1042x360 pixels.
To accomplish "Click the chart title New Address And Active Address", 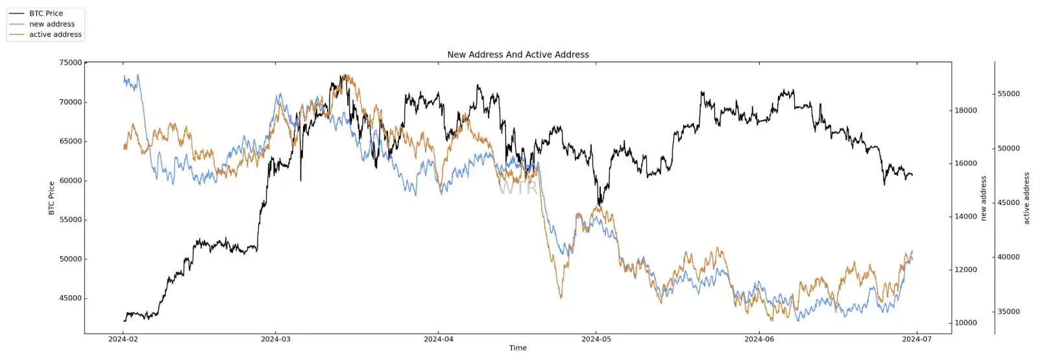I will tap(518, 54).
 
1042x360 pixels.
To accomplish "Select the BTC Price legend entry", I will tap(45, 13).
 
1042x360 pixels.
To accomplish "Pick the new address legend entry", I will tap(51, 24).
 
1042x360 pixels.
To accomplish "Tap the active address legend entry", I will tap(55, 34).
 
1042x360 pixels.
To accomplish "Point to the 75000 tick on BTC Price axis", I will tap(71, 63).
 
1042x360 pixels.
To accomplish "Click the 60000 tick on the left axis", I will tap(71, 181).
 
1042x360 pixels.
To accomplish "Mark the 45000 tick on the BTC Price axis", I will tap(71, 298).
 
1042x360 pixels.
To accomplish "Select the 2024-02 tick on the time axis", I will tap(123, 339).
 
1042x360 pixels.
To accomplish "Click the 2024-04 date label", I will tap(439, 339).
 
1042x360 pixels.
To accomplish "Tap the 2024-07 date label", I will tap(917, 339).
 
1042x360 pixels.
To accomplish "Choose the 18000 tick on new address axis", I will tap(965, 111).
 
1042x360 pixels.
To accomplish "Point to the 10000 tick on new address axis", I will tap(965, 323).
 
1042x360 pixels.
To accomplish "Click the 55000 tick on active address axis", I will tap(1008, 94).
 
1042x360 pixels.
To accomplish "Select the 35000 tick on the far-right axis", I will tap(1008, 312).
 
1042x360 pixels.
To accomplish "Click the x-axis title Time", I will tap(518, 348).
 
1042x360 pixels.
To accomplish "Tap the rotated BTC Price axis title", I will tap(51, 198).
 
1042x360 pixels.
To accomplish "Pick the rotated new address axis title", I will tap(984, 198).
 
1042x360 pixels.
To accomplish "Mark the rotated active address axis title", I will tap(1026, 198).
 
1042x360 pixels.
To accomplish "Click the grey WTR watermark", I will tap(518, 188).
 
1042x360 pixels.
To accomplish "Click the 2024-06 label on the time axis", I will tap(759, 339).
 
